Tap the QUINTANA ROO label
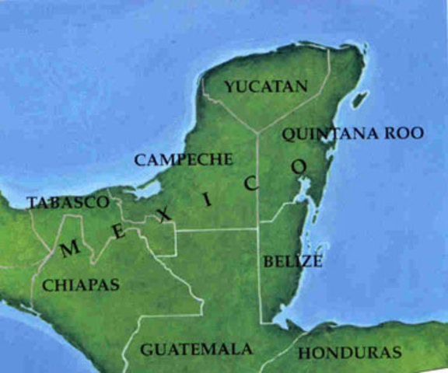pyautogui.click(x=353, y=134)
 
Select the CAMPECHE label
pyautogui.click(x=183, y=159)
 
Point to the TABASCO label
pyautogui.click(x=67, y=202)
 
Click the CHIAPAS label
pyautogui.click(x=81, y=284)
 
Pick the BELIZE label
pyautogui.click(x=292, y=261)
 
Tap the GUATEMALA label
pyautogui.click(x=196, y=349)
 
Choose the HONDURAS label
pyautogui.click(x=350, y=353)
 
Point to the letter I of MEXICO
pyautogui.click(x=207, y=199)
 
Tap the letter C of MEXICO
pyautogui.click(x=250, y=183)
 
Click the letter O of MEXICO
pyautogui.click(x=299, y=166)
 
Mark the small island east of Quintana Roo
pyautogui.click(x=360, y=100)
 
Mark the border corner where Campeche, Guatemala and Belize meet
pyautogui.click(x=258, y=228)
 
